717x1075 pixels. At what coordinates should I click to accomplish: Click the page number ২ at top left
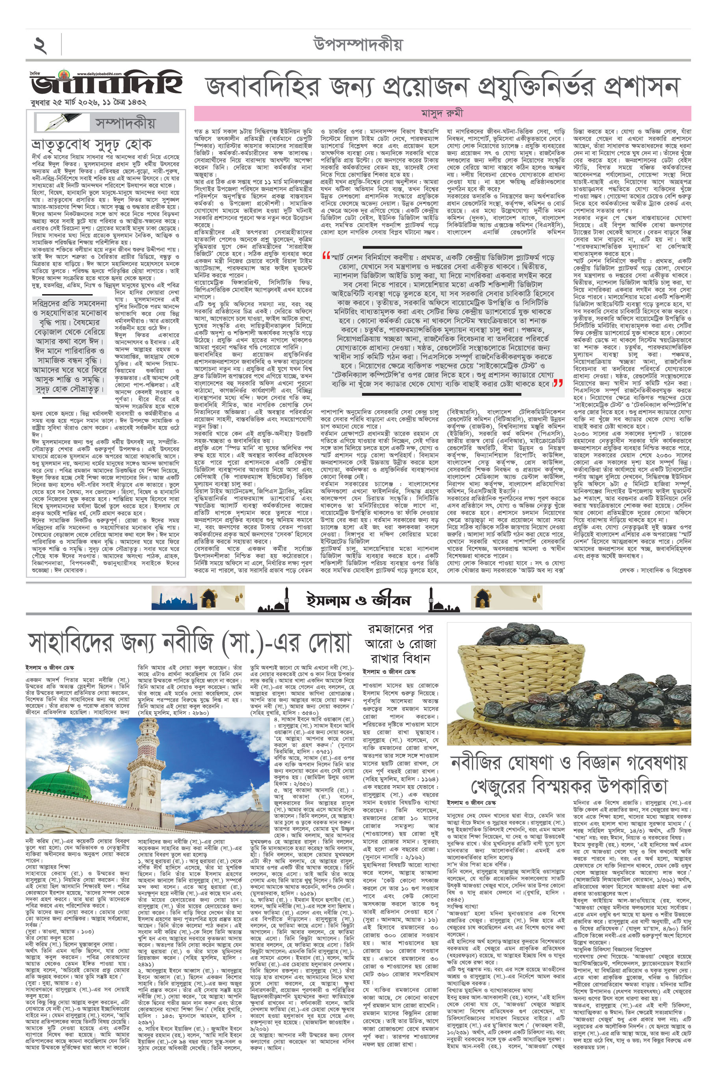coord(40,46)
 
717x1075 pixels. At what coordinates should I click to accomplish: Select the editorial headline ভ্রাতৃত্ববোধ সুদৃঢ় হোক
coord(91,145)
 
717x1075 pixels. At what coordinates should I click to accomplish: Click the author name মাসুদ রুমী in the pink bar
coord(442,113)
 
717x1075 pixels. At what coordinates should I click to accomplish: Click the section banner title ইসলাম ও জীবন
coord(358,600)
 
